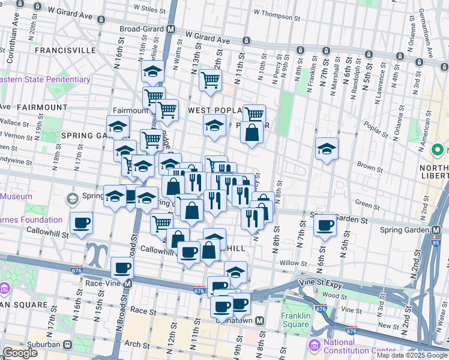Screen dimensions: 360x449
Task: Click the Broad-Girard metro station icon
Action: coord(171,29)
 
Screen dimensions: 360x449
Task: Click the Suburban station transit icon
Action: coord(67,345)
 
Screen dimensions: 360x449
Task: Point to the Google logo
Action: coord(20,353)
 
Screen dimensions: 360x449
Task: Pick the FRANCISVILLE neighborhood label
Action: coord(66,50)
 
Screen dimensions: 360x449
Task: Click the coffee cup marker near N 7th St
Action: coord(325,226)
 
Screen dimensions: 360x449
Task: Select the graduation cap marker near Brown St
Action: coord(327,149)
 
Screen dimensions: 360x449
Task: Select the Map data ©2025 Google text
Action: coord(411,355)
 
